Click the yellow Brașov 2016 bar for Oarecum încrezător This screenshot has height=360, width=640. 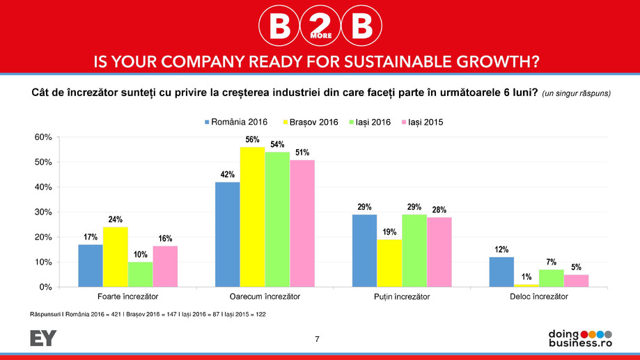[x=252, y=217]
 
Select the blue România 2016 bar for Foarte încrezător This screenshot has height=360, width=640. [x=90, y=265]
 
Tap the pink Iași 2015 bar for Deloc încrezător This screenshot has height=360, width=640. [x=576, y=280]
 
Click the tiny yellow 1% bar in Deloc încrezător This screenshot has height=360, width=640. [x=526, y=285]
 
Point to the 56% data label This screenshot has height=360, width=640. [x=252, y=140]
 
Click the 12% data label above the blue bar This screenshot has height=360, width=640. [x=501, y=249]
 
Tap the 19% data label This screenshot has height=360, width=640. [x=389, y=231]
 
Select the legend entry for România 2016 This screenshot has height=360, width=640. [x=235, y=122]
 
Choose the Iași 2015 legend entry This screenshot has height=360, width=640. [x=421, y=122]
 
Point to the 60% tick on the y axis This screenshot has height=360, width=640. [x=43, y=137]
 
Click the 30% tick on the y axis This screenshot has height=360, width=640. [x=43, y=212]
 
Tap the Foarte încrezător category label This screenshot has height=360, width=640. [x=115, y=297]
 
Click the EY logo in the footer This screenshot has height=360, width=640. [x=43, y=338]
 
